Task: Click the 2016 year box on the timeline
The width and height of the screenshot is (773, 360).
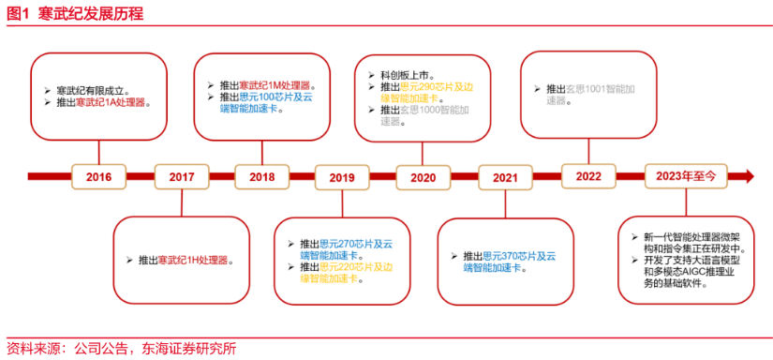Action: (x=98, y=176)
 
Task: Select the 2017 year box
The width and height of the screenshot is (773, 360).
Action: (x=181, y=176)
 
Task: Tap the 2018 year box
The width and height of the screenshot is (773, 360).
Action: (x=261, y=176)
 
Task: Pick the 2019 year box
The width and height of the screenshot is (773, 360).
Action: (x=342, y=176)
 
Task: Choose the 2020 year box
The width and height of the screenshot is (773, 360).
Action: (x=423, y=176)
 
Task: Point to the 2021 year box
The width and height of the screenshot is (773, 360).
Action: (x=505, y=176)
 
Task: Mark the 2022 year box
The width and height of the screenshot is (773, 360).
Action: (x=587, y=176)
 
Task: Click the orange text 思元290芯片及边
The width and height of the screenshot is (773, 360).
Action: (x=437, y=85)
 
